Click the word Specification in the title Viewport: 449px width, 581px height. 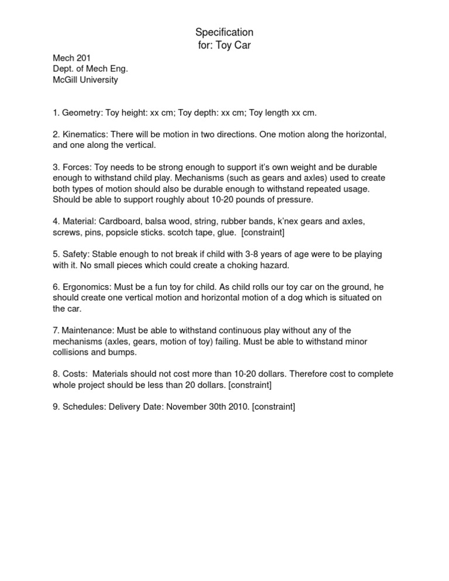tap(224, 32)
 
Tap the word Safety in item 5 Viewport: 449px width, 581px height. tap(75, 254)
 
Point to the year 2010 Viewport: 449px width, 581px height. tap(239, 407)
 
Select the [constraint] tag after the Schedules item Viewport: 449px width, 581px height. tap(273, 407)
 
